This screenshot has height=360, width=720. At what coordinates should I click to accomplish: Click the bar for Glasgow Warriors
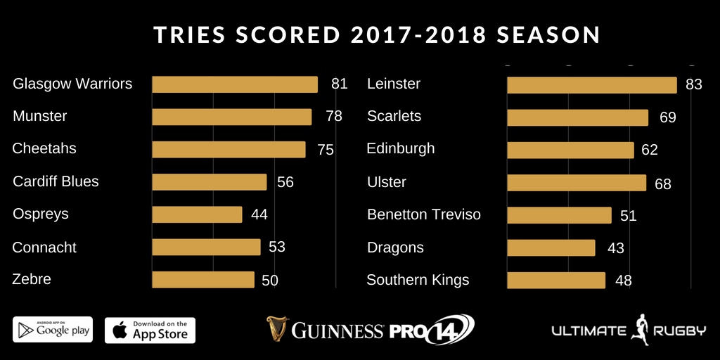click(235, 84)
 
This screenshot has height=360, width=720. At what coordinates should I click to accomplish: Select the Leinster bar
click(591, 85)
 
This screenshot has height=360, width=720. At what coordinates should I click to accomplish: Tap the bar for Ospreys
click(197, 214)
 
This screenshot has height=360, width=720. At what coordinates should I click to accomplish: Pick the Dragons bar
click(551, 247)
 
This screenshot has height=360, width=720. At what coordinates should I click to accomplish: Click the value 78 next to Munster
click(334, 116)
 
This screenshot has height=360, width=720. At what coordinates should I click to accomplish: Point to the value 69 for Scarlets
click(668, 117)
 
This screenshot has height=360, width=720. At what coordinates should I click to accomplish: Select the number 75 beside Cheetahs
click(325, 149)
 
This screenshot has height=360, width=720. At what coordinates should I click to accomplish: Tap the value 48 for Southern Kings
click(623, 281)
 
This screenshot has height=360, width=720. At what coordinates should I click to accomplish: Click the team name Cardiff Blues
click(56, 181)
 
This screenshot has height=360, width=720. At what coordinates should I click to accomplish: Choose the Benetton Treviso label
click(424, 214)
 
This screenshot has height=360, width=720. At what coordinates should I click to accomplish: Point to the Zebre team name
click(32, 279)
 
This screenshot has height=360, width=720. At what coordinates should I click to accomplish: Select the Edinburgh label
click(401, 149)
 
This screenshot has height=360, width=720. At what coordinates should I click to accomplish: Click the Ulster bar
click(576, 183)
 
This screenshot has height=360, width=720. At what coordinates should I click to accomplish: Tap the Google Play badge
click(53, 330)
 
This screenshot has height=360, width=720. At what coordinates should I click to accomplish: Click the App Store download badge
click(150, 330)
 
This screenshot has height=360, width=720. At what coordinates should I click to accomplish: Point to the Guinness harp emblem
click(278, 329)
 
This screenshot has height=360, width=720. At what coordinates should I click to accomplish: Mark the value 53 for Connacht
click(276, 247)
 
